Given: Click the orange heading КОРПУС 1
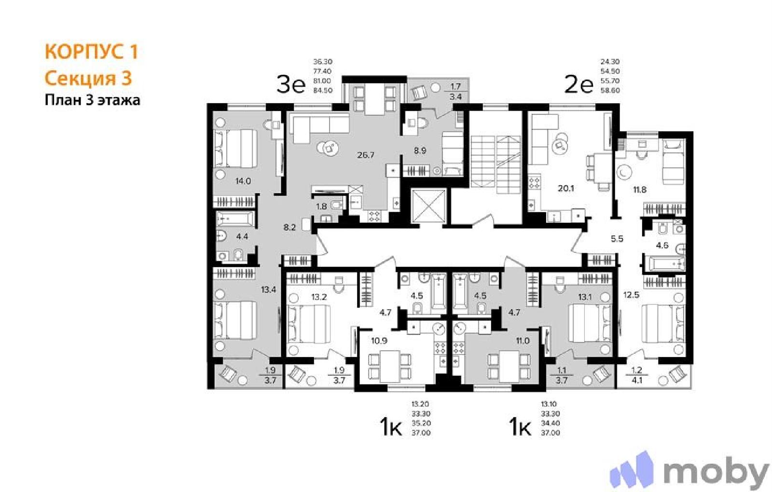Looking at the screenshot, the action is [92, 52].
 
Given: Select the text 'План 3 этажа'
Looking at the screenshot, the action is [92, 100].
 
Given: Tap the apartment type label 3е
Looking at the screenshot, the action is [291, 85].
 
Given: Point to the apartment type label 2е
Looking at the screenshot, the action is [579, 85].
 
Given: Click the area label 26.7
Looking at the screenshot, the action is [366, 155].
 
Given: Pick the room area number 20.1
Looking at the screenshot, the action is [566, 189].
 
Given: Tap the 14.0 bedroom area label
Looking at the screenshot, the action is [243, 180].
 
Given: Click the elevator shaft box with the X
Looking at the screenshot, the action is [429, 206].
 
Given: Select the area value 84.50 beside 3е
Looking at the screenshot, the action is [323, 90].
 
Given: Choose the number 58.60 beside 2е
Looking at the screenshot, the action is [610, 90].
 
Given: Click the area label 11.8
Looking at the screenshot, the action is [640, 190].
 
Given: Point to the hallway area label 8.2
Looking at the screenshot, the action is [289, 227].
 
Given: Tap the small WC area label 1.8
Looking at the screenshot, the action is [321, 207].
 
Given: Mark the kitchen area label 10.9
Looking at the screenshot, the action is [379, 341].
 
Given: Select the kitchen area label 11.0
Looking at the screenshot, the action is [523, 341].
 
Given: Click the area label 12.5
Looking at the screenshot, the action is [631, 295].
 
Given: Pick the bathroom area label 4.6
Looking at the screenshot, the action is [662, 246].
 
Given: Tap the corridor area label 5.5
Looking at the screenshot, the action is [617, 239].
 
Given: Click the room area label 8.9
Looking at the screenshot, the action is [420, 150].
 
